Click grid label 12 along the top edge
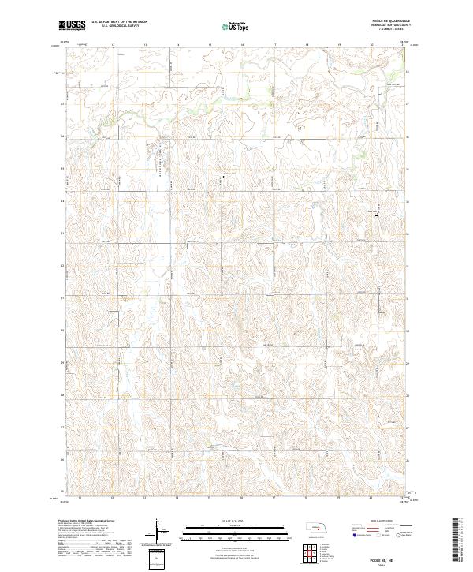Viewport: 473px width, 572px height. [x=113, y=46]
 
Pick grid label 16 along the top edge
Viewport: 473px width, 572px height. [x=241, y=46]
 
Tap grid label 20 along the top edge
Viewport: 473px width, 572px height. [x=371, y=46]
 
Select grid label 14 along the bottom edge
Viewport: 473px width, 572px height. [x=177, y=498]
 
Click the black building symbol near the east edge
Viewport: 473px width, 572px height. [x=376, y=215]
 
